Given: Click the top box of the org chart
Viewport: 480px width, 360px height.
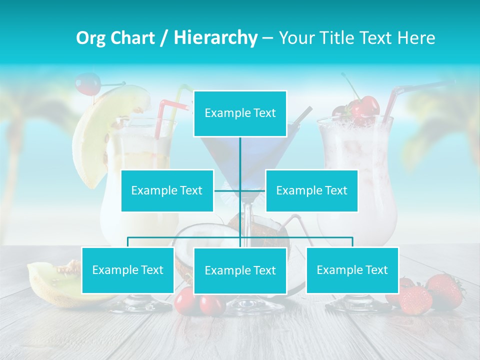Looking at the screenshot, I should tap(240, 113).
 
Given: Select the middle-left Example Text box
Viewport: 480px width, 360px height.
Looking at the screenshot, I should tap(167, 190).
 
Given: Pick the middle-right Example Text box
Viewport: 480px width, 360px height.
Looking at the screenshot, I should tap(311, 190).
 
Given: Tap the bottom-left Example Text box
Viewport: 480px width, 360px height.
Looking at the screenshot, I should tap(128, 270).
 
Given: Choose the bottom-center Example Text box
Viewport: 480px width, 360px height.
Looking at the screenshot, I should tap(240, 270).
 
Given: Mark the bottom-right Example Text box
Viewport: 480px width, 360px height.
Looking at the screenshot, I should tap(352, 270).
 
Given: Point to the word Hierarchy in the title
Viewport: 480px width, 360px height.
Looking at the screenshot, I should tap(215, 38).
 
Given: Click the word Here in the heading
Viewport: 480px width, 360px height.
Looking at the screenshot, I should tap(416, 38).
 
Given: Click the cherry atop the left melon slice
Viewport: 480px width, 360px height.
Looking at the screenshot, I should tap(87, 83).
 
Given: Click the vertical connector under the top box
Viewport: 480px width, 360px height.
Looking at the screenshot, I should tap(240, 160).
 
